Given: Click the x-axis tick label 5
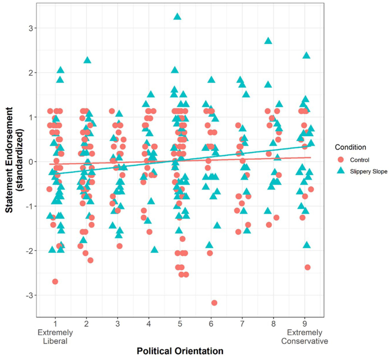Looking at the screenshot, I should click(180, 324).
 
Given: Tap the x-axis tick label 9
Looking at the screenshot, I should click(305, 324).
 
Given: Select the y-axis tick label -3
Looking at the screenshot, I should click(29, 295).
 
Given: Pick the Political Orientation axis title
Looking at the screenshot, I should click(180, 351).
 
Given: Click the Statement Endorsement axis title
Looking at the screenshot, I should click(14, 160).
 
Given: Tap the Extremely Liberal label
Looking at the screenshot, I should click(55, 337).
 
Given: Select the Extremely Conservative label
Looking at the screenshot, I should click(305, 337).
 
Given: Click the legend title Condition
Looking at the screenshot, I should click(350, 147).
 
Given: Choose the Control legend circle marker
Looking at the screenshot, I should click(340, 160).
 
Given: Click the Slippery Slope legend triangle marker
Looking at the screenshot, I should click(340, 171).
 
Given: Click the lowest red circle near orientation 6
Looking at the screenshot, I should click(214, 303).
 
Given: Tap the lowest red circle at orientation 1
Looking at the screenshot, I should click(55, 282).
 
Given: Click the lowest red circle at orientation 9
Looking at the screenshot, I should click(307, 267).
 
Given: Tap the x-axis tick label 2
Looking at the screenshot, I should click(86, 324).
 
